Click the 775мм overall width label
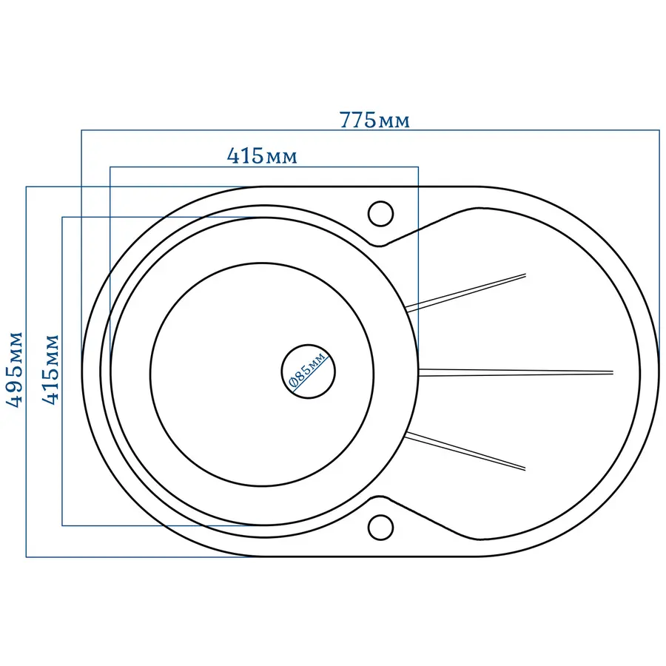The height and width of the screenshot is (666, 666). coord(374,120)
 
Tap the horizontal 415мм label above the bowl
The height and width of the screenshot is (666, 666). coord(262,156)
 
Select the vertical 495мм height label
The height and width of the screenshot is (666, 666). coord(14,369)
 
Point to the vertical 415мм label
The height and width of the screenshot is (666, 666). coord(50,369)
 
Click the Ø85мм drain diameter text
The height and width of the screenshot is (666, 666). coord(308,369)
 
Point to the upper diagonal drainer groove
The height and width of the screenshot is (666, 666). coord(466,292)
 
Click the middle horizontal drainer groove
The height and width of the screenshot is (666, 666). coord(516,372)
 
